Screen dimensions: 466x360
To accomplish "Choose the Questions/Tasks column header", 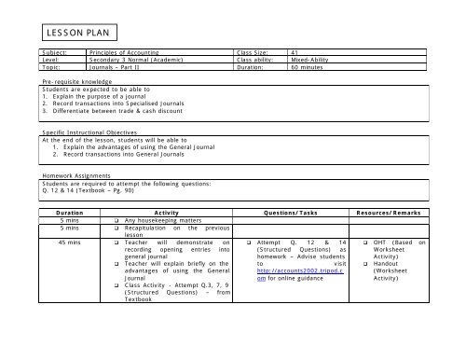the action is [x=297, y=213].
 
